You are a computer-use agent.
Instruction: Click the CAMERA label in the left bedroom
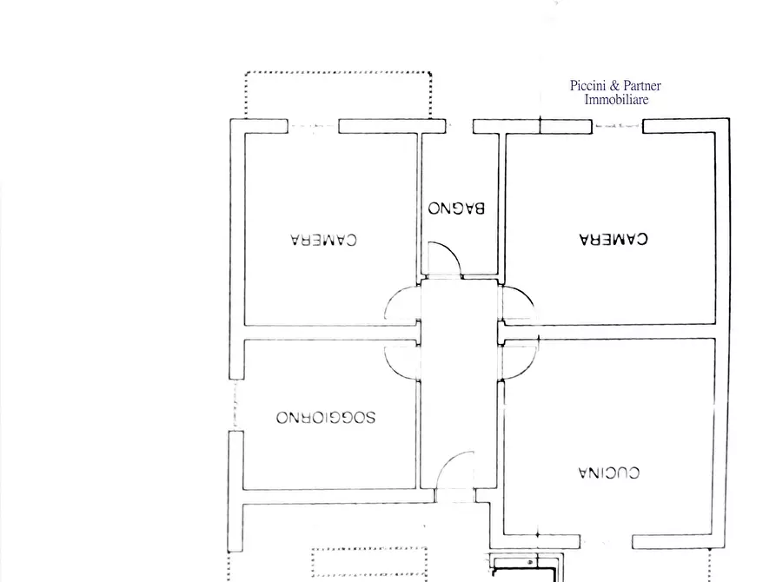(324, 239)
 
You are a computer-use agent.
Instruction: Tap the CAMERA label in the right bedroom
(614, 238)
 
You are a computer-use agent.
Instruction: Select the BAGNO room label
(456, 208)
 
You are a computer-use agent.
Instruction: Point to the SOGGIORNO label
(326, 417)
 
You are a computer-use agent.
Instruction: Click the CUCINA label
(609, 473)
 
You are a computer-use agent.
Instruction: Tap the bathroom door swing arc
(446, 257)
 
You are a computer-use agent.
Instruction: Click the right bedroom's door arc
(519, 304)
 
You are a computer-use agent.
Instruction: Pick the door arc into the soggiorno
(401, 360)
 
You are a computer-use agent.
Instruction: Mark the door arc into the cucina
(521, 358)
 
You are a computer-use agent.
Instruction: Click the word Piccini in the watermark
(590, 86)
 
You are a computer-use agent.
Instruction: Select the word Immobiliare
(616, 100)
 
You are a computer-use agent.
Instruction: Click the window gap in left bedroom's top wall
(313, 127)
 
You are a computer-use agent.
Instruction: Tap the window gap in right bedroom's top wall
(617, 127)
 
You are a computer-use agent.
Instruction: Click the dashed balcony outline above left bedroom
(338, 73)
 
